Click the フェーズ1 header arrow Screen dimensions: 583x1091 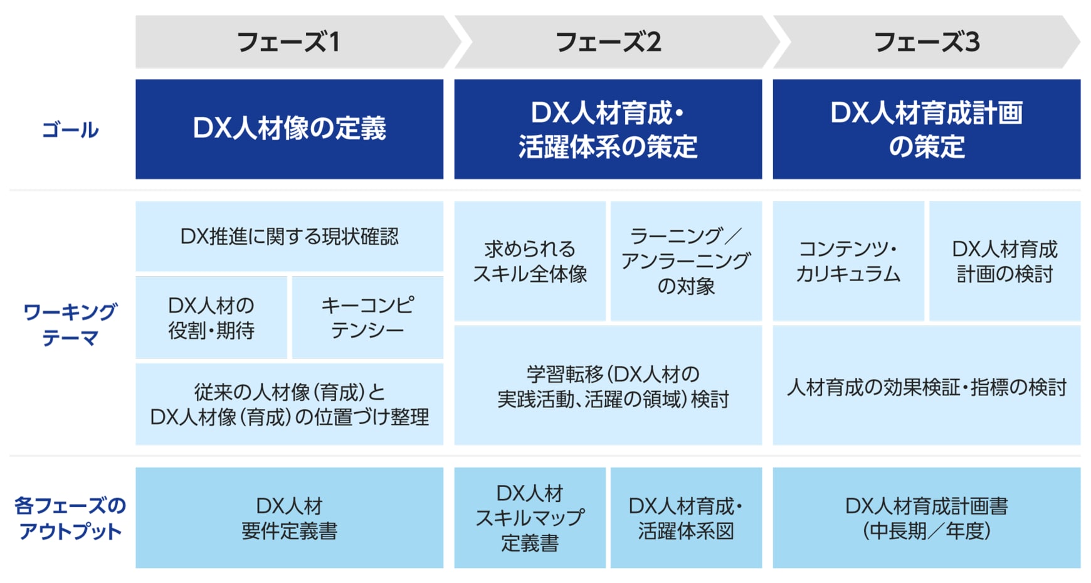289,42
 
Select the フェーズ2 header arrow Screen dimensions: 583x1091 608,42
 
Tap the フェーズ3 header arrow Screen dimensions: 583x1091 926,42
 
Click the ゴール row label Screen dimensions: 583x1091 70,130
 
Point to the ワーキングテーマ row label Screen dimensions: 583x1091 70,324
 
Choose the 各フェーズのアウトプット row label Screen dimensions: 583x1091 70,518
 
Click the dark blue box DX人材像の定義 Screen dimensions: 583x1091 289,129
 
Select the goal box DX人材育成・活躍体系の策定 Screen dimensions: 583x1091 608,129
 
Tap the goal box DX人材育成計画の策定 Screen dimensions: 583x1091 926,129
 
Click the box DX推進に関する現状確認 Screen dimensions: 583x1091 289,236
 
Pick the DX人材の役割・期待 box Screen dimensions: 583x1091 211,318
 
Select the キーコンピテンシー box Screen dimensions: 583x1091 367,318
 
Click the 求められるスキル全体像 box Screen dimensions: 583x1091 530,261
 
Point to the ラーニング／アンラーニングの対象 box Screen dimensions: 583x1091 686,261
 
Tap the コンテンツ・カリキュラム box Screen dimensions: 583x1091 848,261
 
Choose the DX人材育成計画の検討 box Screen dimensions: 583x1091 1004,261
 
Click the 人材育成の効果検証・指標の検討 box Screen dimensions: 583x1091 926,387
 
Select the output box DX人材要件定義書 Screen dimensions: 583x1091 289,518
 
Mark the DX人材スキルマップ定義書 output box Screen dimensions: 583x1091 530,518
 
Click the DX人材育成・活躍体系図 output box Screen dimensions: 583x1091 686,518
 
